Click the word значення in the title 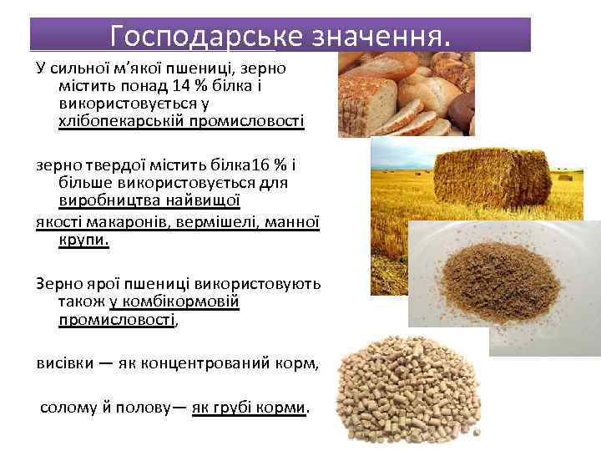[x=368, y=35]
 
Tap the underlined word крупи [x=83, y=241]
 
